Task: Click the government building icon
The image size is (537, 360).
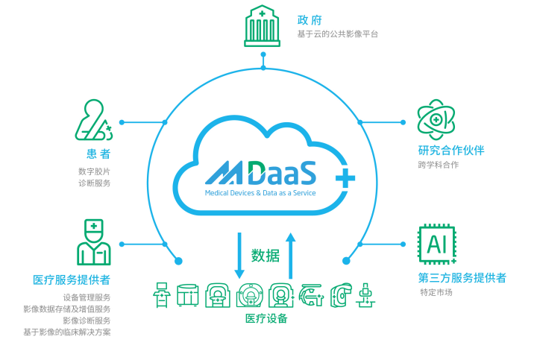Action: (x=262, y=26)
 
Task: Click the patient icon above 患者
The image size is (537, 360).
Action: (x=93, y=121)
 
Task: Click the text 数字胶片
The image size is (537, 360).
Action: (x=95, y=171)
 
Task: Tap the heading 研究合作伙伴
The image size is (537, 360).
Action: (x=451, y=150)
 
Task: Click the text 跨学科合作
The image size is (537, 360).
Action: (x=439, y=165)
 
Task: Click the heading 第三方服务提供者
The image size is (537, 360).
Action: (x=462, y=278)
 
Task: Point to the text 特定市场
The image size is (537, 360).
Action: (x=436, y=292)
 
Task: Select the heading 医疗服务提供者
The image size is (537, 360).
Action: (x=72, y=280)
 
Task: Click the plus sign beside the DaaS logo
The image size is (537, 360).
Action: (x=345, y=177)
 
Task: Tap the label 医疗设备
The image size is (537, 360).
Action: (x=266, y=318)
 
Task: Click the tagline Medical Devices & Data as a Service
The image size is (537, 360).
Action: (x=260, y=192)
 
